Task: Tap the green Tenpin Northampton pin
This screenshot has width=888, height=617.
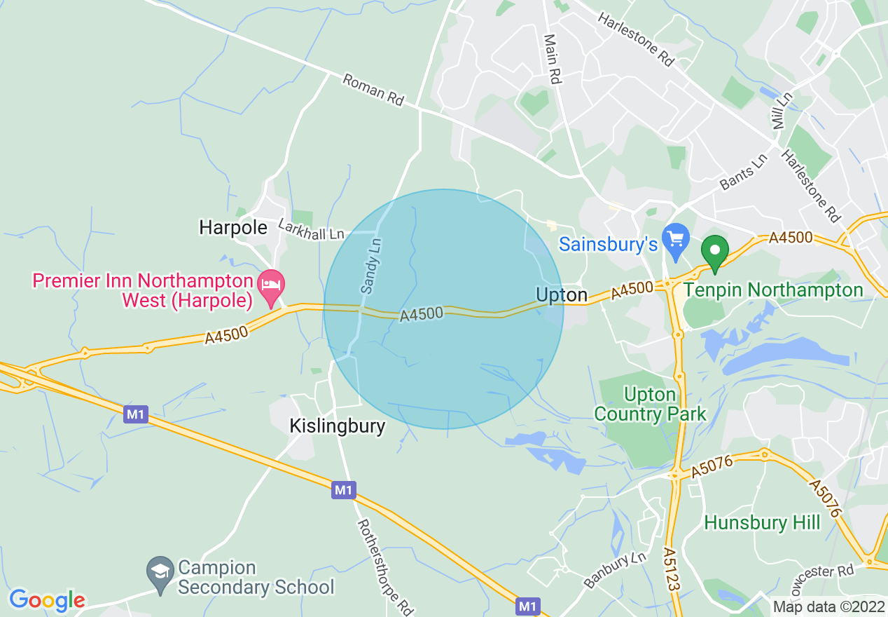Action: pos(715,252)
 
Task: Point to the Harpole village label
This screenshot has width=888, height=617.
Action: pos(233,227)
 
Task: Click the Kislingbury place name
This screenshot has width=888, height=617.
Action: pos(338,426)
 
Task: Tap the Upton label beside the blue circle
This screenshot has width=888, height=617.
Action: pos(562,295)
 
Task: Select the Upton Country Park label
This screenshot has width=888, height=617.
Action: pos(651,405)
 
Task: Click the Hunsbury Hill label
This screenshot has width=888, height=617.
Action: pos(762,522)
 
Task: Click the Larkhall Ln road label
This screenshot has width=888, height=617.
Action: pos(312,229)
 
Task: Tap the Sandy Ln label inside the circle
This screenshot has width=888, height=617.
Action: pos(371,266)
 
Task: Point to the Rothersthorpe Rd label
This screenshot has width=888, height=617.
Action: pos(386,565)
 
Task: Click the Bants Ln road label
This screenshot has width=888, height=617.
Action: pos(744,172)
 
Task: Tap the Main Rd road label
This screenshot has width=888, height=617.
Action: pos(553,60)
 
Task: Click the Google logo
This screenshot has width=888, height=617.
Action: pos(47,600)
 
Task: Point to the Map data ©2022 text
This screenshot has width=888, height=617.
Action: pos(828,606)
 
